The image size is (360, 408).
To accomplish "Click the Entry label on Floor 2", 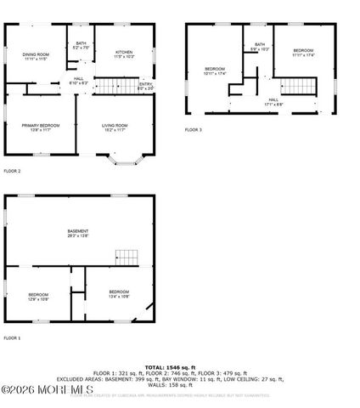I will pos(146,85).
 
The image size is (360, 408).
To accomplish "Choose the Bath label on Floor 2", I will pos(81,45).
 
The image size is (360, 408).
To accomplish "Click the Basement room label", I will pos(78,233).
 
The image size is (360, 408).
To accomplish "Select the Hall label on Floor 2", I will pos(78,81).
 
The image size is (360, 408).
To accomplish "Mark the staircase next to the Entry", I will pos(114,84).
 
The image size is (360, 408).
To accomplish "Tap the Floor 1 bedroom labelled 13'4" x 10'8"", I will pos(118,294).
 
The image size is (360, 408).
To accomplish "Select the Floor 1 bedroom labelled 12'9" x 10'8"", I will pos(37,297).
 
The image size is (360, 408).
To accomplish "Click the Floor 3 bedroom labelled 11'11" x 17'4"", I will pos(303,53).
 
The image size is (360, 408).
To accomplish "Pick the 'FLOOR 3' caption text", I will pos(194,130).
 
